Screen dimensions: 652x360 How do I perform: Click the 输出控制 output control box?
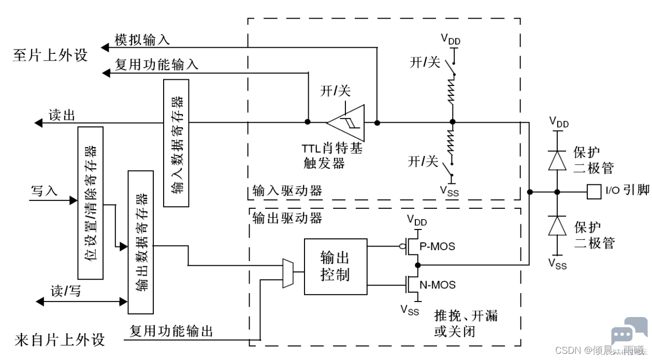click(336, 267)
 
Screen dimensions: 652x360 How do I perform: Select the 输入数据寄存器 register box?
click(176, 143)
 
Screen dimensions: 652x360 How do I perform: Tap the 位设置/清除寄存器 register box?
click(91, 203)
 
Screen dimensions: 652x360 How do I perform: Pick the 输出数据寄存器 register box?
click(140, 242)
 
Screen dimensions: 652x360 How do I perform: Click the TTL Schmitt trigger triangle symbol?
click(346, 123)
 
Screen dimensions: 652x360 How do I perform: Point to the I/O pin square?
click(594, 192)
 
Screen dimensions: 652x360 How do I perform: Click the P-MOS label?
click(437, 247)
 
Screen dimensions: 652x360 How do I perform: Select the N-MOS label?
click(438, 284)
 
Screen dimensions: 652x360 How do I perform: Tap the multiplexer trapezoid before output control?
click(288, 273)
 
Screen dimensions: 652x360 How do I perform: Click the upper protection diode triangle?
click(557, 161)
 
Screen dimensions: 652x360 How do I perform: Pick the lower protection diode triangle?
click(557, 225)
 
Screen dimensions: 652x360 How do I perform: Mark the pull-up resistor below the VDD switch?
click(452, 91)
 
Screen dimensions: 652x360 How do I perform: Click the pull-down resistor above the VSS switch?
click(451, 144)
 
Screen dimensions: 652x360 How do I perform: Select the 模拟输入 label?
click(142, 40)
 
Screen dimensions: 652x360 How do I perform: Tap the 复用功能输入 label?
click(156, 64)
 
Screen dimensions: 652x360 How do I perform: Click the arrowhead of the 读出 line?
click(38, 123)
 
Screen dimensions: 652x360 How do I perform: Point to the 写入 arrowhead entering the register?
click(74, 200)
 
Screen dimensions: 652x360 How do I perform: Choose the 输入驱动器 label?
click(287, 191)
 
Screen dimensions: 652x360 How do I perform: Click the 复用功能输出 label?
click(171, 331)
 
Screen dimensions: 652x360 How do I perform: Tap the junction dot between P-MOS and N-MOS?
click(418, 265)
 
